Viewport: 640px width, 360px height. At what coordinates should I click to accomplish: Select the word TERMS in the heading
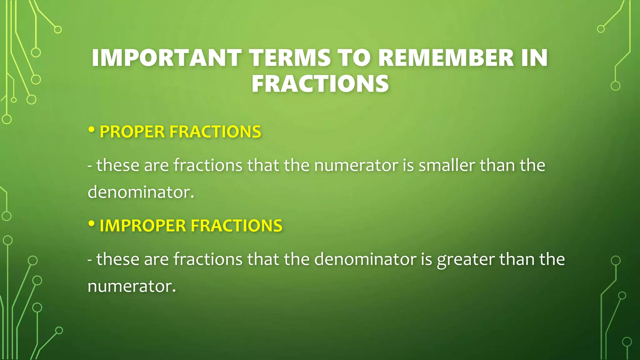(x=290, y=58)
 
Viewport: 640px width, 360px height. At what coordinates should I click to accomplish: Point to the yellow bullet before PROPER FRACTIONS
(x=91, y=130)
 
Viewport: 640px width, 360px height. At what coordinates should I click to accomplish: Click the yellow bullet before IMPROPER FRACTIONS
(x=91, y=223)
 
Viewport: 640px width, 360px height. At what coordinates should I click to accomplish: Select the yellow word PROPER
(x=132, y=132)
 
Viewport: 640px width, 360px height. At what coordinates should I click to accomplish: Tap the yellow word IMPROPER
(x=143, y=226)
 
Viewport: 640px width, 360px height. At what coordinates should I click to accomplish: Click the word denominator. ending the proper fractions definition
(x=141, y=192)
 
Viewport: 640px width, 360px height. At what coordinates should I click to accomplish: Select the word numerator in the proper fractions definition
(x=356, y=165)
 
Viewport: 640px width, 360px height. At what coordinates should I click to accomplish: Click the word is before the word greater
(x=426, y=259)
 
